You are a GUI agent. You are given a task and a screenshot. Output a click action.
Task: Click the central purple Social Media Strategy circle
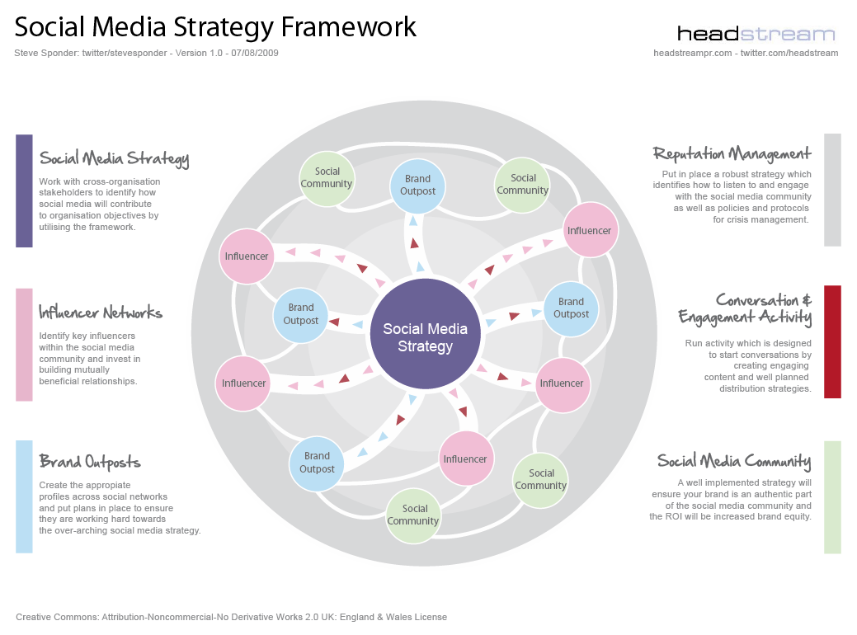pyautogui.click(x=425, y=336)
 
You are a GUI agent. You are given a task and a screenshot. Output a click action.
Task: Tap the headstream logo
pyautogui.click(x=756, y=34)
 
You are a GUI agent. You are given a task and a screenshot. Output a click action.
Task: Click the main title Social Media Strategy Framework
pyautogui.click(x=216, y=27)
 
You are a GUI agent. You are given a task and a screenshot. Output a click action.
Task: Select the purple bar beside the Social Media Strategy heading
pyautogui.click(x=24, y=190)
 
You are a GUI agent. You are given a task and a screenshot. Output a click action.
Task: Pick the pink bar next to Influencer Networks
pyautogui.click(x=24, y=344)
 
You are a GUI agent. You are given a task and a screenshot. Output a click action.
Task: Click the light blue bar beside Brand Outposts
pyautogui.click(x=24, y=496)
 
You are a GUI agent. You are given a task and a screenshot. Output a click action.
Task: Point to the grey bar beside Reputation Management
pyautogui.click(x=832, y=190)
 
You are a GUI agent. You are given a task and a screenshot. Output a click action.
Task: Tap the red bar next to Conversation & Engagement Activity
pyautogui.click(x=832, y=341)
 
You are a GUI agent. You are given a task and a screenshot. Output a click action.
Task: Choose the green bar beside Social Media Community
pyautogui.click(x=832, y=496)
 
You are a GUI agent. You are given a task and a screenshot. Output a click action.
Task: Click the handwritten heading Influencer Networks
pyautogui.click(x=101, y=313)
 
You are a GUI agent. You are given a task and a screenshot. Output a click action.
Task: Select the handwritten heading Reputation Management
pyautogui.click(x=732, y=153)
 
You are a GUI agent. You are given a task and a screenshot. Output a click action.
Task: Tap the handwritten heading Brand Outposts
pyautogui.click(x=90, y=462)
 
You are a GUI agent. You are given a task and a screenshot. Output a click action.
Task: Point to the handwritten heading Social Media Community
pyautogui.click(x=733, y=461)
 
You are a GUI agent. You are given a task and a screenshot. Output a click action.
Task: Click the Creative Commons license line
pyautogui.click(x=231, y=617)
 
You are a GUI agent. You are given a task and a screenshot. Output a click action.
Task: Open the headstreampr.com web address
pyautogui.click(x=692, y=53)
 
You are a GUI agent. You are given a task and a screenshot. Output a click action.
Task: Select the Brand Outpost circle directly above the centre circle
pyautogui.click(x=418, y=185)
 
